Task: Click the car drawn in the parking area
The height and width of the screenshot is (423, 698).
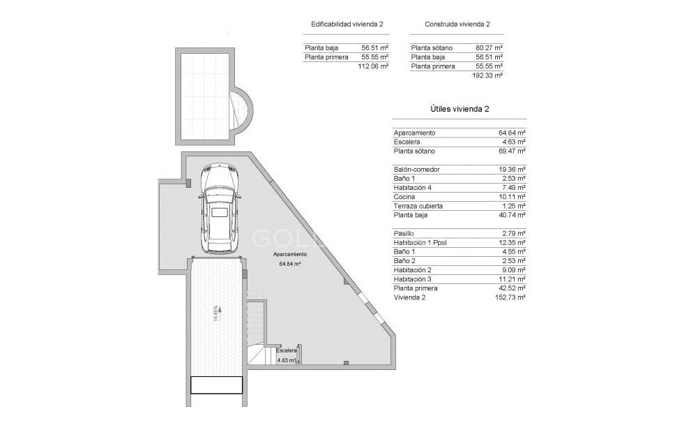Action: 220,209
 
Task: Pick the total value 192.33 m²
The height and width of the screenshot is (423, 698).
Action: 487,75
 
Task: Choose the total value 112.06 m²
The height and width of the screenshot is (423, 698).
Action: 372,66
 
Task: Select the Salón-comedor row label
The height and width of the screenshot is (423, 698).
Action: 417,170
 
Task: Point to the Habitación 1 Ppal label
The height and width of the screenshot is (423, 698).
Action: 425,242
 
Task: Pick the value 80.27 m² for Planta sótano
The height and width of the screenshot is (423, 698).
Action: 489,47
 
